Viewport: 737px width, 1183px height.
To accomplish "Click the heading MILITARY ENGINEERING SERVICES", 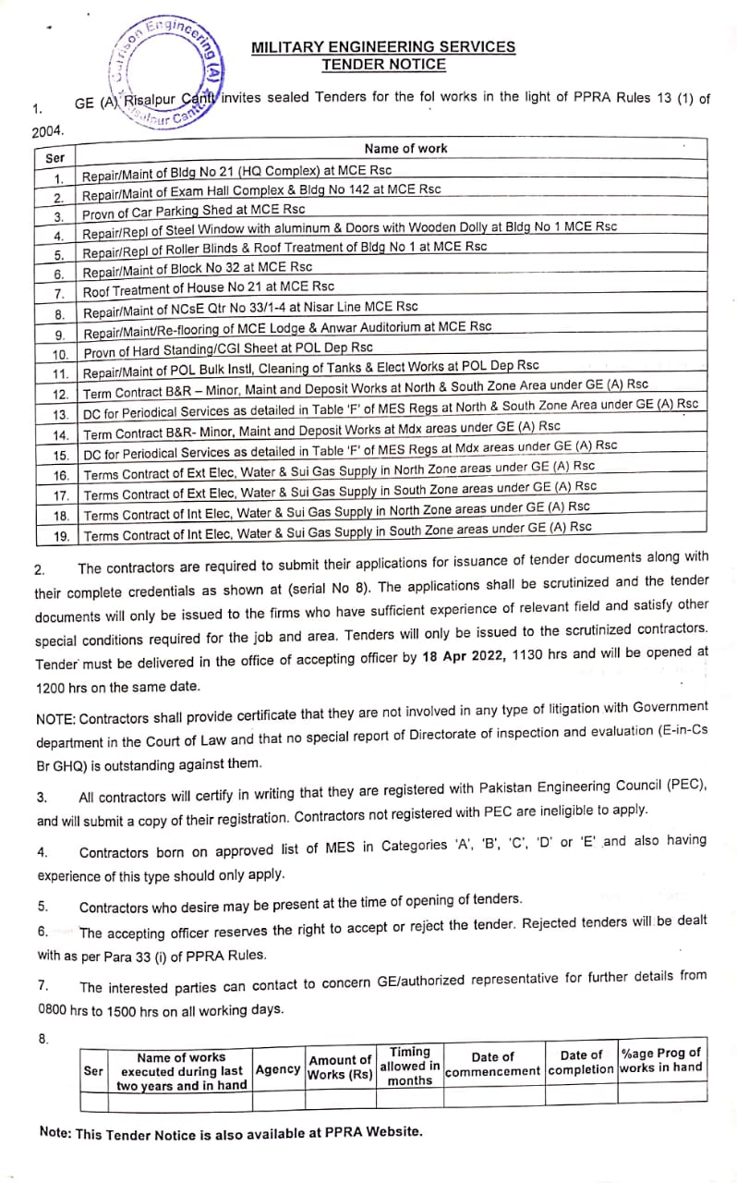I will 383,47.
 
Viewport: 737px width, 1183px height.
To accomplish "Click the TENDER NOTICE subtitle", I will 383,65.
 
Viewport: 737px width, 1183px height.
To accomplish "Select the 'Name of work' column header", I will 405,148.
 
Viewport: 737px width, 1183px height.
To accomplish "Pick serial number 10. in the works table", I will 60,354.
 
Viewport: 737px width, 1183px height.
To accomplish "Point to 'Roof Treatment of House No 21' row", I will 209,290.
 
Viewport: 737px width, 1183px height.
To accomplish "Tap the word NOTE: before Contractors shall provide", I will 55,719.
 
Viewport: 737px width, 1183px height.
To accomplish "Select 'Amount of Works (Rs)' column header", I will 339,1067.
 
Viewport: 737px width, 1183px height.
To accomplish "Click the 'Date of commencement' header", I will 492,1065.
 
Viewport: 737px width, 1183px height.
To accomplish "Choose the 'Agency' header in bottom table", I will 278,1069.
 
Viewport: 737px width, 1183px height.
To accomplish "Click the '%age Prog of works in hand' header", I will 661,1059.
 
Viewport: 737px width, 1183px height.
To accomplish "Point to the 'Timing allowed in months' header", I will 409,1066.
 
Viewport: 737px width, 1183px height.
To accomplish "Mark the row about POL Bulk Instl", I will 310,370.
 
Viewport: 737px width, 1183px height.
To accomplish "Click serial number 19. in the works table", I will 61,535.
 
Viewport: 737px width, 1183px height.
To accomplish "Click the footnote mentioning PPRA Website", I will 231,1132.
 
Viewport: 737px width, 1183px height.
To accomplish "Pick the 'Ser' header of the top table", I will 55,158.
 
